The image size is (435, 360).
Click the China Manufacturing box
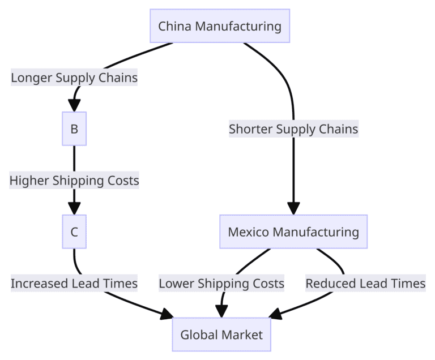point(220,26)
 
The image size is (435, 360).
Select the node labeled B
point(74,129)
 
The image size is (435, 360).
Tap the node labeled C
point(74,232)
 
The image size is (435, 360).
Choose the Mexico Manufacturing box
point(293,232)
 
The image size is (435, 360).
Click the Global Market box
point(221,335)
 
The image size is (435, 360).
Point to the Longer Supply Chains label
point(74,78)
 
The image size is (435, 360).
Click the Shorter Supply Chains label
point(293,129)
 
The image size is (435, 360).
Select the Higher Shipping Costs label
point(74,181)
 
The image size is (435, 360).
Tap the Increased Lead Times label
point(74,283)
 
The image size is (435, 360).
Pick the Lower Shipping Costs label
point(221,283)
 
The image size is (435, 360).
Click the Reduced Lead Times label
point(365,283)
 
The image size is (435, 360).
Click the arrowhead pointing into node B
point(74,106)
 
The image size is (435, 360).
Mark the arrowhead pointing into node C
point(74,208)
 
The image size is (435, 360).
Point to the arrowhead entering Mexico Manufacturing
point(293,208)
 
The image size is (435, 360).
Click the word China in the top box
point(173,26)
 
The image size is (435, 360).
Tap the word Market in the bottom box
point(243,335)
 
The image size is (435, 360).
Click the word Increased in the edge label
point(37,283)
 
